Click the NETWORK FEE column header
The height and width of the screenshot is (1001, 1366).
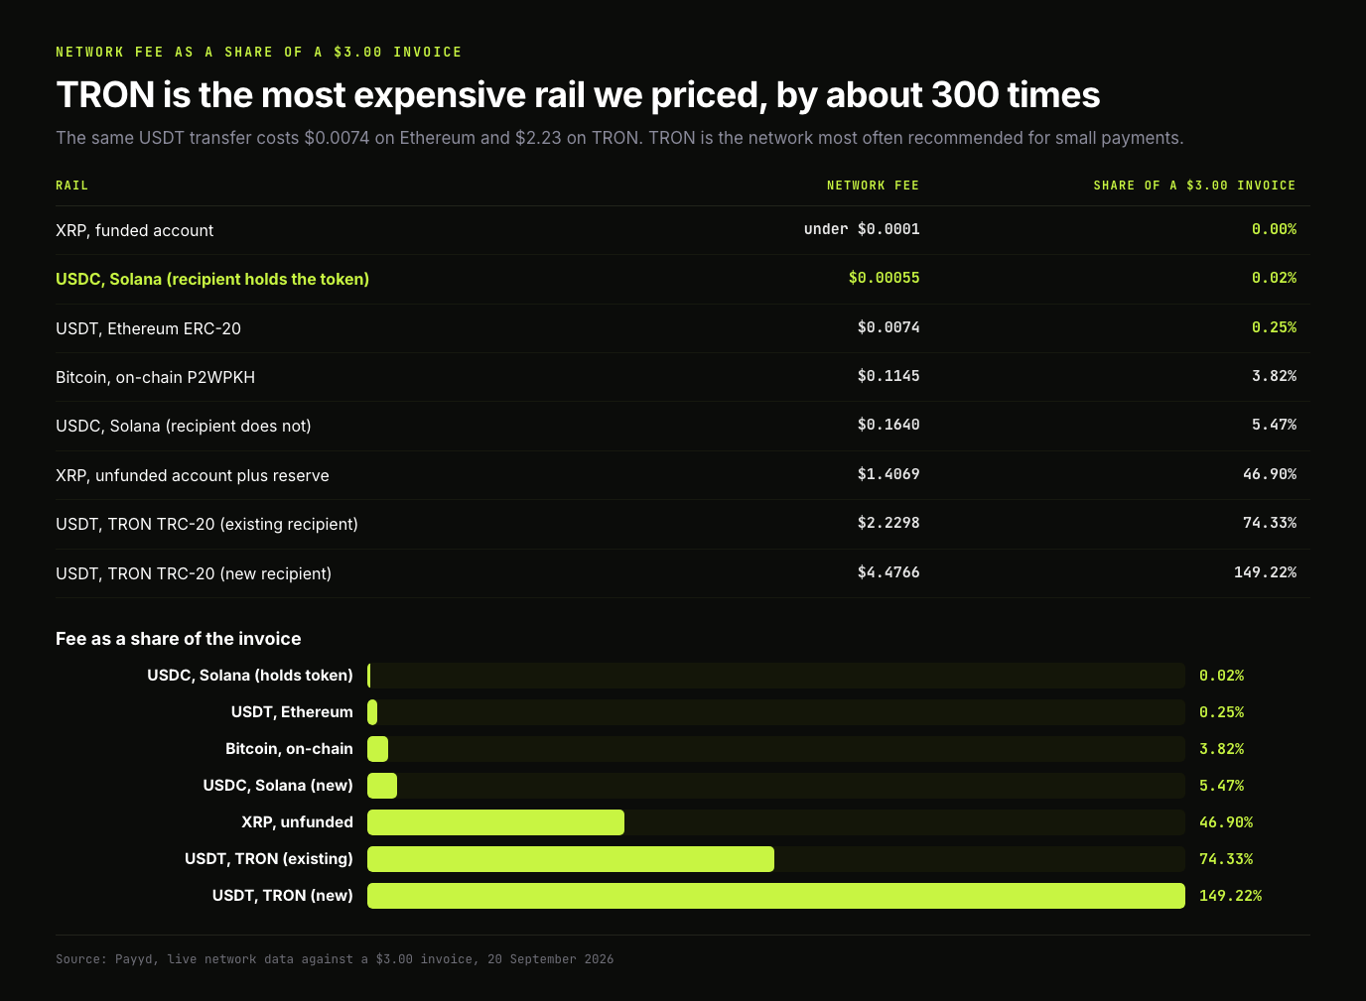873,186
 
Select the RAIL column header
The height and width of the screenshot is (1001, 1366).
71,186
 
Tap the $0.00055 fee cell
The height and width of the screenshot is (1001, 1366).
884,278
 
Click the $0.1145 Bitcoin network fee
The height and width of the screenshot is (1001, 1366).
888,376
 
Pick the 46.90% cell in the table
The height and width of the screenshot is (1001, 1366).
1270,474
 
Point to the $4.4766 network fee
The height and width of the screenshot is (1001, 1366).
888,572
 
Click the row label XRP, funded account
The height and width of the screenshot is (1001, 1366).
134,230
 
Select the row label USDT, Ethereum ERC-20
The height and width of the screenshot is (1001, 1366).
148,328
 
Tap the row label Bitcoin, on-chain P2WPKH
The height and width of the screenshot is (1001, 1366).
155,377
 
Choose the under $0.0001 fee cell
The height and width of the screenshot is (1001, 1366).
861,229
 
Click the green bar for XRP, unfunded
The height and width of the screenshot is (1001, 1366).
495,821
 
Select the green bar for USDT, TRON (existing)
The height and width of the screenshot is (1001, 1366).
571,858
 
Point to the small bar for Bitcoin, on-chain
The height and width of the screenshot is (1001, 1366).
377,749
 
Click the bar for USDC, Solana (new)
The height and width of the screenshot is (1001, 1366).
382,786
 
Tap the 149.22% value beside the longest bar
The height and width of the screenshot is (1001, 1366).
1230,896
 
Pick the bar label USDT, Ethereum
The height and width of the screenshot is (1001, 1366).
292,712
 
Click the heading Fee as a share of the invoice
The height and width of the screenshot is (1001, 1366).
178,639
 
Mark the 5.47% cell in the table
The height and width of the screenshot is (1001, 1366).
1274,425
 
